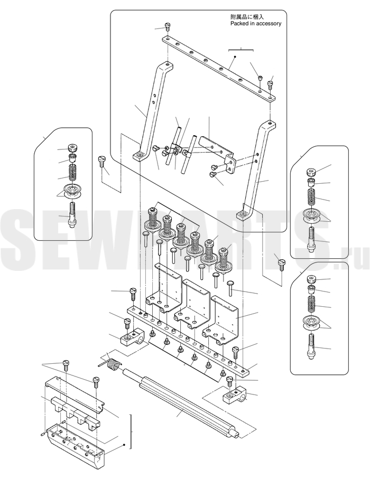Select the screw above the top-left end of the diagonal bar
point(167,26)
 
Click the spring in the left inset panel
point(72,173)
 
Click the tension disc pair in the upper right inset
point(311,216)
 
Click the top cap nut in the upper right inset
point(311,172)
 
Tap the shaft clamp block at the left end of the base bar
point(133,337)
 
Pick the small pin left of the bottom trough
point(43,434)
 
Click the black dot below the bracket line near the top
point(235,57)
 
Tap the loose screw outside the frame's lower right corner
point(281,265)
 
